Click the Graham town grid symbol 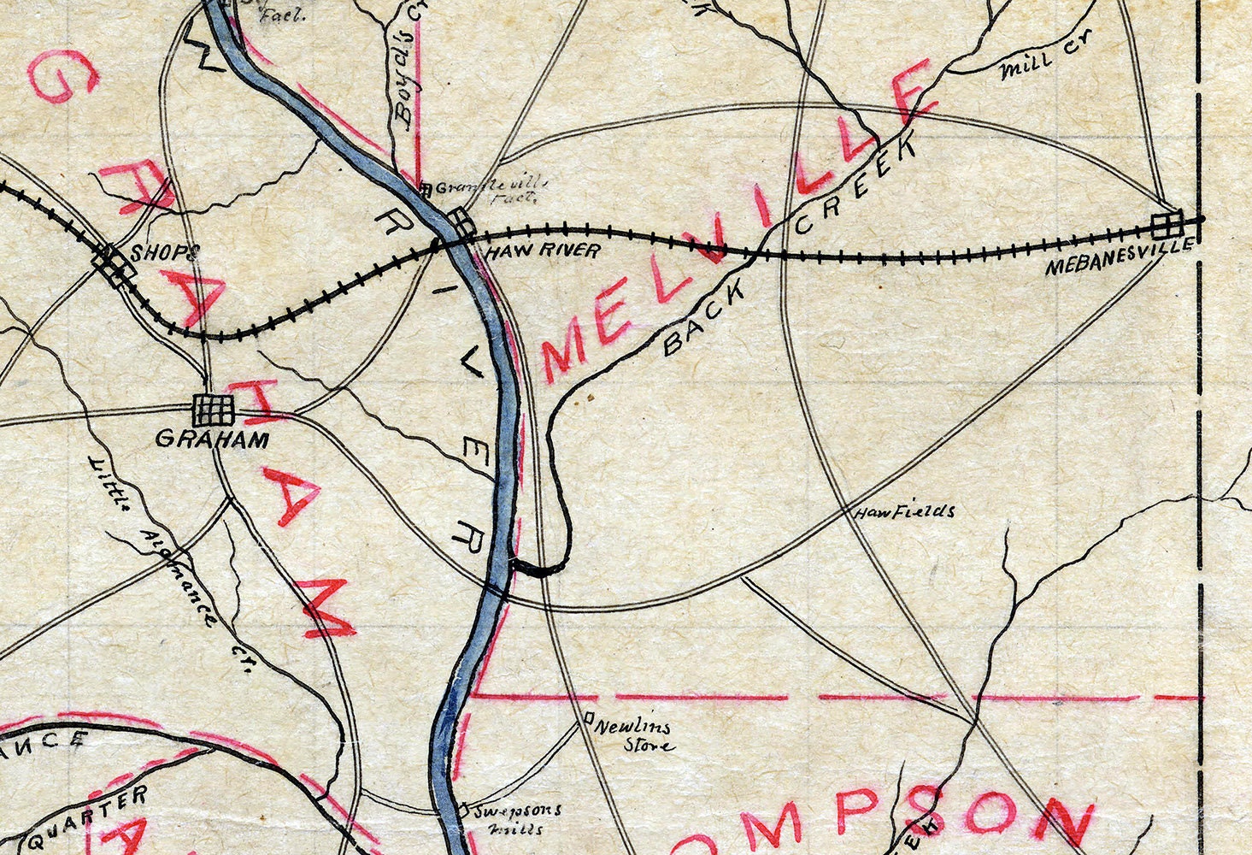(213, 410)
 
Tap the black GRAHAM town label (212, 440)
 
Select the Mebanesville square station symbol (1167, 224)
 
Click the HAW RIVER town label (541, 251)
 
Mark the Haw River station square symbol (462, 225)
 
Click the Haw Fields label (904, 512)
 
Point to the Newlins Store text (634, 735)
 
